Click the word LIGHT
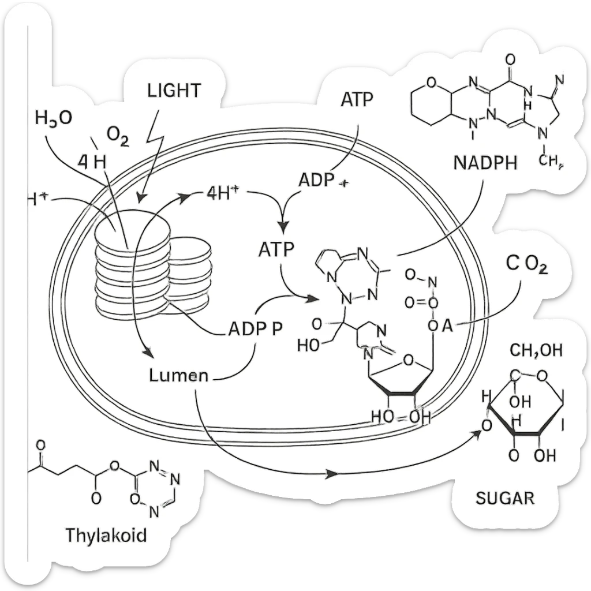pos(174,91)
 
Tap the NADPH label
pos(485,162)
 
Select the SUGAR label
pos(505,498)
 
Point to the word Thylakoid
pos(106,534)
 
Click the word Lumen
pos(178,375)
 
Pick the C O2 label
pos(526,265)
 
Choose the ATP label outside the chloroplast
pos(357,99)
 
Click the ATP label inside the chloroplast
pos(276,249)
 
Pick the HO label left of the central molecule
pos(308,346)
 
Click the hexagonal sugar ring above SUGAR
pos(525,407)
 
